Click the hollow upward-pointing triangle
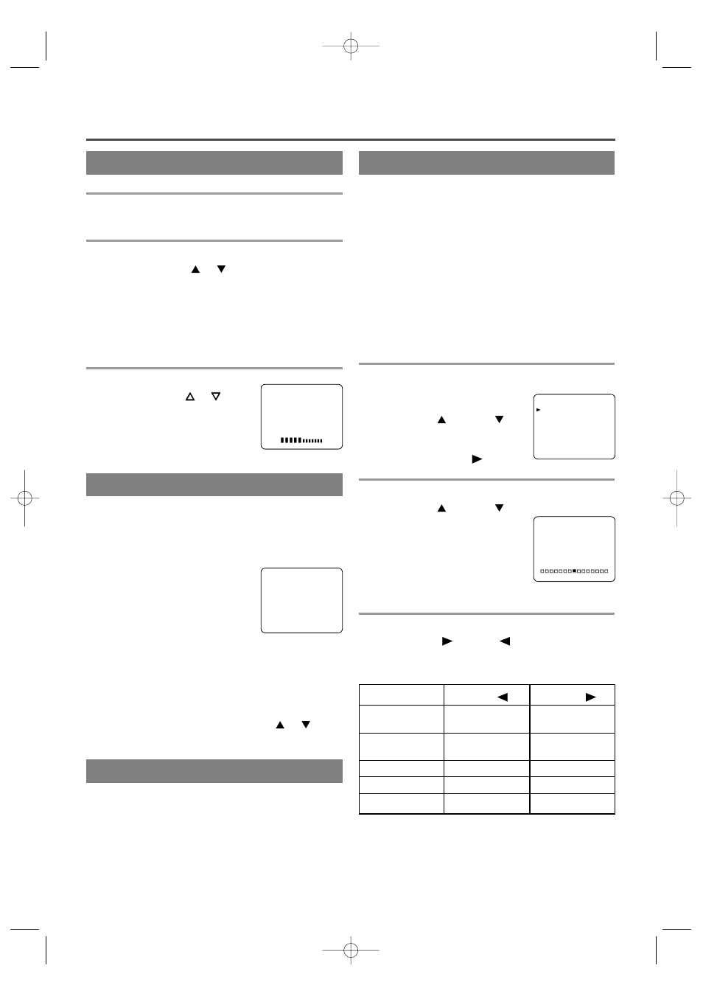pyautogui.click(x=189, y=397)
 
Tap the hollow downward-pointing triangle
pyautogui.click(x=216, y=397)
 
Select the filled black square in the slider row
pyautogui.click(x=574, y=571)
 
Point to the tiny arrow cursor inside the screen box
pyautogui.click(x=539, y=409)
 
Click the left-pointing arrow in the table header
pyautogui.click(x=503, y=697)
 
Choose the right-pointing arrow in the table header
pyautogui.click(x=590, y=697)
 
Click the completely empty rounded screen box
pyautogui.click(x=301, y=600)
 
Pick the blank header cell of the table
pyautogui.click(x=401, y=695)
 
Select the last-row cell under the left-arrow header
pyautogui.click(x=486, y=804)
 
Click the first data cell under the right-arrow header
pyautogui.click(x=573, y=719)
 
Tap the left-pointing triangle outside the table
pyautogui.click(x=505, y=641)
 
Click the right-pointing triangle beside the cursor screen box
pyautogui.click(x=477, y=459)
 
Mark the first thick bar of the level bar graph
pyautogui.click(x=283, y=440)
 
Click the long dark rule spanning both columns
pyautogui.click(x=350, y=139)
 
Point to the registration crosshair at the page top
pyautogui.click(x=351, y=46)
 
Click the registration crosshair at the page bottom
pyautogui.click(x=351, y=950)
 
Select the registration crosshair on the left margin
pyautogui.click(x=24, y=498)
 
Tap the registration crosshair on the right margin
pyautogui.click(x=676, y=498)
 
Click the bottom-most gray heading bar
pyautogui.click(x=214, y=771)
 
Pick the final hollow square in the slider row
pyautogui.click(x=606, y=571)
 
